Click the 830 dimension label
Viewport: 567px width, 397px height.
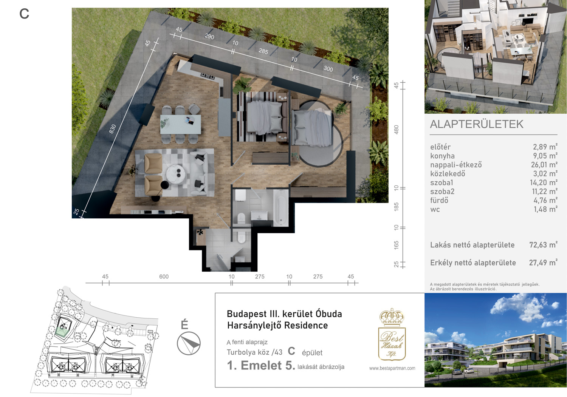click(112, 129)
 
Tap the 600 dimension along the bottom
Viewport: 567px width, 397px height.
click(164, 277)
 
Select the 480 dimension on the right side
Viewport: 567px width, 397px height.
click(397, 130)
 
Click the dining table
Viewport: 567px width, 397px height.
click(180, 124)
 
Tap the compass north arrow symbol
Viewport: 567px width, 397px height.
click(189, 343)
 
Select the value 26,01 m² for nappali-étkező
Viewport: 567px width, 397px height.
click(544, 165)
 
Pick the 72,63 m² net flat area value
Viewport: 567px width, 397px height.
click(543, 245)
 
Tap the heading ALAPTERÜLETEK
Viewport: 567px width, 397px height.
click(477, 124)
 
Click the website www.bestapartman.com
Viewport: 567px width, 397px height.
click(392, 368)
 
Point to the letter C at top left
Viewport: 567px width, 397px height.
click(24, 14)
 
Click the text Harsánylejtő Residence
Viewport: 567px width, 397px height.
click(277, 325)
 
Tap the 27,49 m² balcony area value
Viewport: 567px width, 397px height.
click(543, 263)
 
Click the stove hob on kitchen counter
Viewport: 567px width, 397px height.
click(208, 76)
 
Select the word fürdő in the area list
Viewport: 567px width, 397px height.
click(439, 201)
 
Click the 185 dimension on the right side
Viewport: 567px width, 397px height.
click(397, 207)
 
